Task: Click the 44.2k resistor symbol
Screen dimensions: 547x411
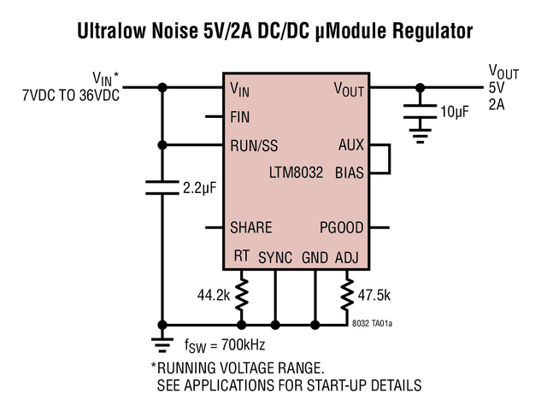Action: click(x=241, y=294)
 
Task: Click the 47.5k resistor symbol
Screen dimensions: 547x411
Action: click(x=347, y=294)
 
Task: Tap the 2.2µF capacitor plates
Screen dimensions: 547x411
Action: click(x=162, y=187)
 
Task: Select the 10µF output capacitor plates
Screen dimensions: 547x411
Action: click(x=420, y=111)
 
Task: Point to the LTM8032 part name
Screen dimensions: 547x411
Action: click(x=296, y=173)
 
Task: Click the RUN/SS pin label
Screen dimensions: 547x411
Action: click(x=254, y=146)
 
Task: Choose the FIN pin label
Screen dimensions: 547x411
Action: click(x=239, y=117)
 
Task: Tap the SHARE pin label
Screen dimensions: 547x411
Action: click(x=250, y=227)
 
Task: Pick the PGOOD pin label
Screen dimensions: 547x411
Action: click(x=342, y=227)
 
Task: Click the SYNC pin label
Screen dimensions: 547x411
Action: click(x=275, y=258)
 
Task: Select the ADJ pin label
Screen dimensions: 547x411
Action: click(x=347, y=257)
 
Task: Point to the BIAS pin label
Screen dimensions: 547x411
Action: click(x=350, y=173)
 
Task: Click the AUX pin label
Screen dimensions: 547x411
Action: click(x=351, y=144)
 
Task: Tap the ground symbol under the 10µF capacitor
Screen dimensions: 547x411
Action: click(x=420, y=136)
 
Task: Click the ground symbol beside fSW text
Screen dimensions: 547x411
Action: click(x=162, y=345)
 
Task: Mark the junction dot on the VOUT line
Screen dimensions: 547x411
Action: click(x=420, y=87)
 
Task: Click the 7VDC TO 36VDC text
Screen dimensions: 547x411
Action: click(x=71, y=95)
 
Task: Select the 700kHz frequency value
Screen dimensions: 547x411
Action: click(x=243, y=344)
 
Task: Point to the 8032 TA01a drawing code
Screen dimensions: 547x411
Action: click(x=372, y=324)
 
